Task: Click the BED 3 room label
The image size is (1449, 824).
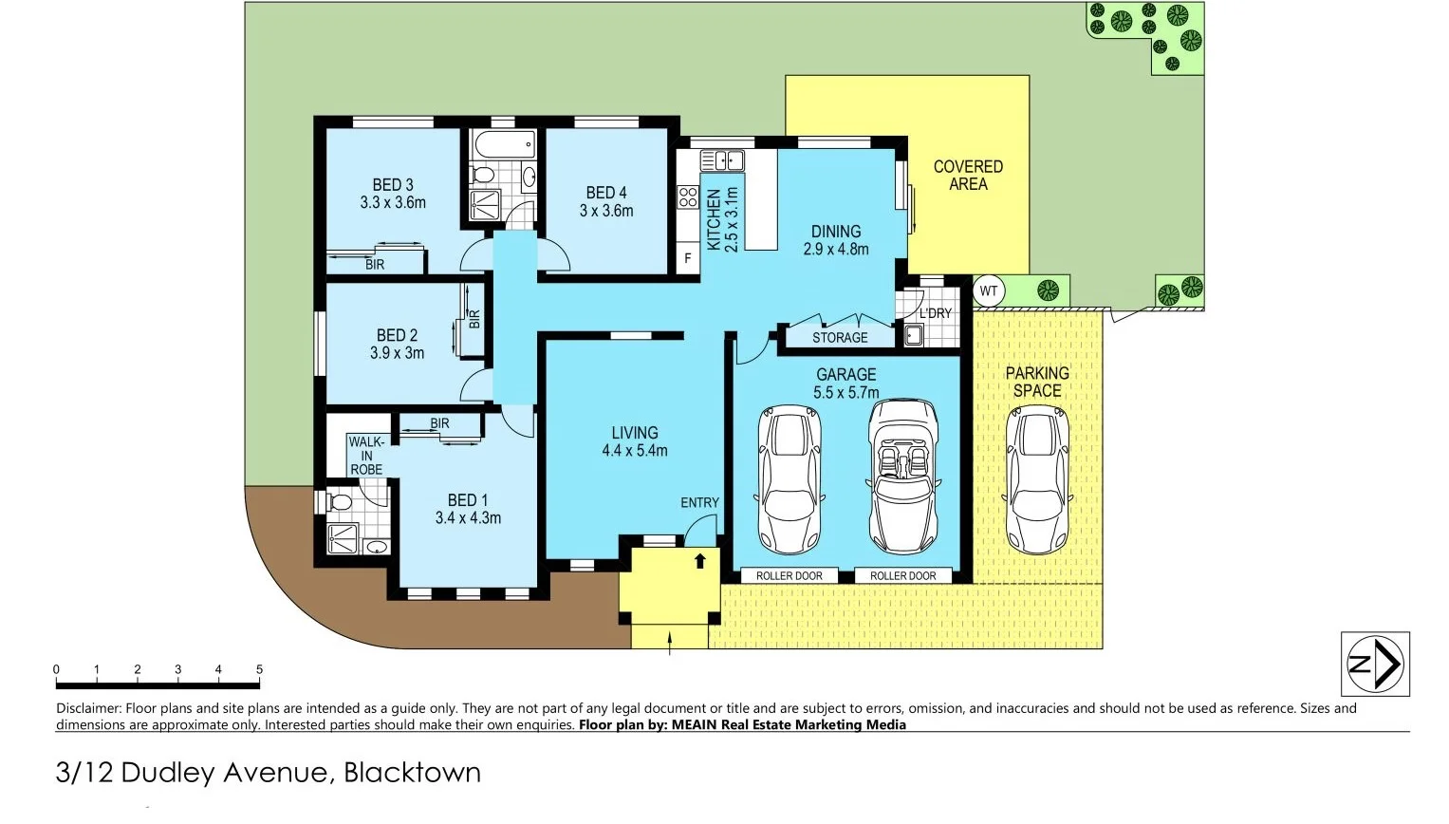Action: [x=392, y=185]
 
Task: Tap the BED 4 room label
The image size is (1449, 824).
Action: [x=605, y=193]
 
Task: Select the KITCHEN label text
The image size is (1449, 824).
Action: [x=714, y=219]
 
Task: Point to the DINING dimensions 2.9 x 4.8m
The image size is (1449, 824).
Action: [x=835, y=250]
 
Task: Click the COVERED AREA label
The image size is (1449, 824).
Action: [x=967, y=175]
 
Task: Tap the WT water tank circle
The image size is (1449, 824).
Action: [x=989, y=290]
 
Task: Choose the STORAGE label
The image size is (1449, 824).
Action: [x=839, y=337]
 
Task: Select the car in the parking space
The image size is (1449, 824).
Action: [x=1037, y=479]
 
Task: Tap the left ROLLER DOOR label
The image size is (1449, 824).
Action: [x=789, y=575]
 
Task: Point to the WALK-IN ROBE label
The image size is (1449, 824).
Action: [x=366, y=456]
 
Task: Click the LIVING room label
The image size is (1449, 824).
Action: [x=634, y=433]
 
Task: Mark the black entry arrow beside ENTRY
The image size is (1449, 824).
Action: [x=700, y=560]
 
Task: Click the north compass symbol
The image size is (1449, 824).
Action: [x=1374, y=664]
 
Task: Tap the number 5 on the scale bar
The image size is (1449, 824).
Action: [x=259, y=669]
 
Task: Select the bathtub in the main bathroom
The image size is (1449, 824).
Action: [x=503, y=145]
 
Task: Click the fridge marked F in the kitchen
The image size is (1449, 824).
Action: [x=688, y=258]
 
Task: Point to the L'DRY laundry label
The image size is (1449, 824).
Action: [x=934, y=313]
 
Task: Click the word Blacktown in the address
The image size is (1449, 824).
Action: [x=412, y=773]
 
